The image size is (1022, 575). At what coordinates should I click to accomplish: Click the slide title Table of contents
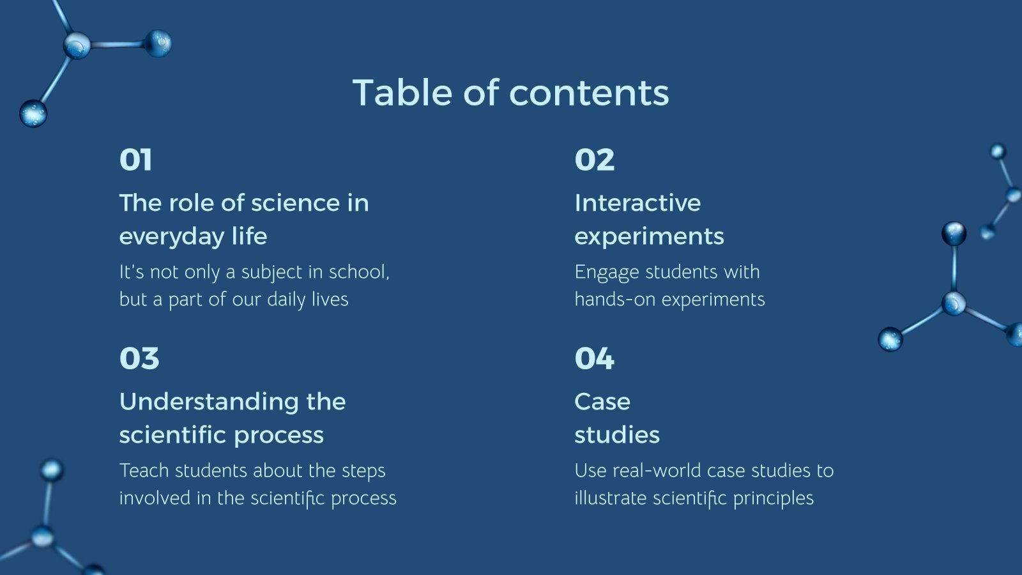pos(510,93)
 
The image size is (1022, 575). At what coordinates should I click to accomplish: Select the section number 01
pos(135,160)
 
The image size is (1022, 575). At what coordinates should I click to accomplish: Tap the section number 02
pos(594,160)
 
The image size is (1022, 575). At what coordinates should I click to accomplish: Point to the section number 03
pos(139,358)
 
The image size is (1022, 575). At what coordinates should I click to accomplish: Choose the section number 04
pos(594,358)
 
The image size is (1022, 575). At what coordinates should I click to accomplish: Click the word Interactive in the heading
pos(637,203)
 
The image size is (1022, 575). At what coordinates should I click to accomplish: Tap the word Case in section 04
pos(602,402)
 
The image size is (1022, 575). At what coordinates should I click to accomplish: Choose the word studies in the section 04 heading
pos(616,435)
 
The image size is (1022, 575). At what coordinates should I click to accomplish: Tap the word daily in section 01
pos(286,300)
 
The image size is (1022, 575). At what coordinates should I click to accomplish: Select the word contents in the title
pos(589,93)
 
